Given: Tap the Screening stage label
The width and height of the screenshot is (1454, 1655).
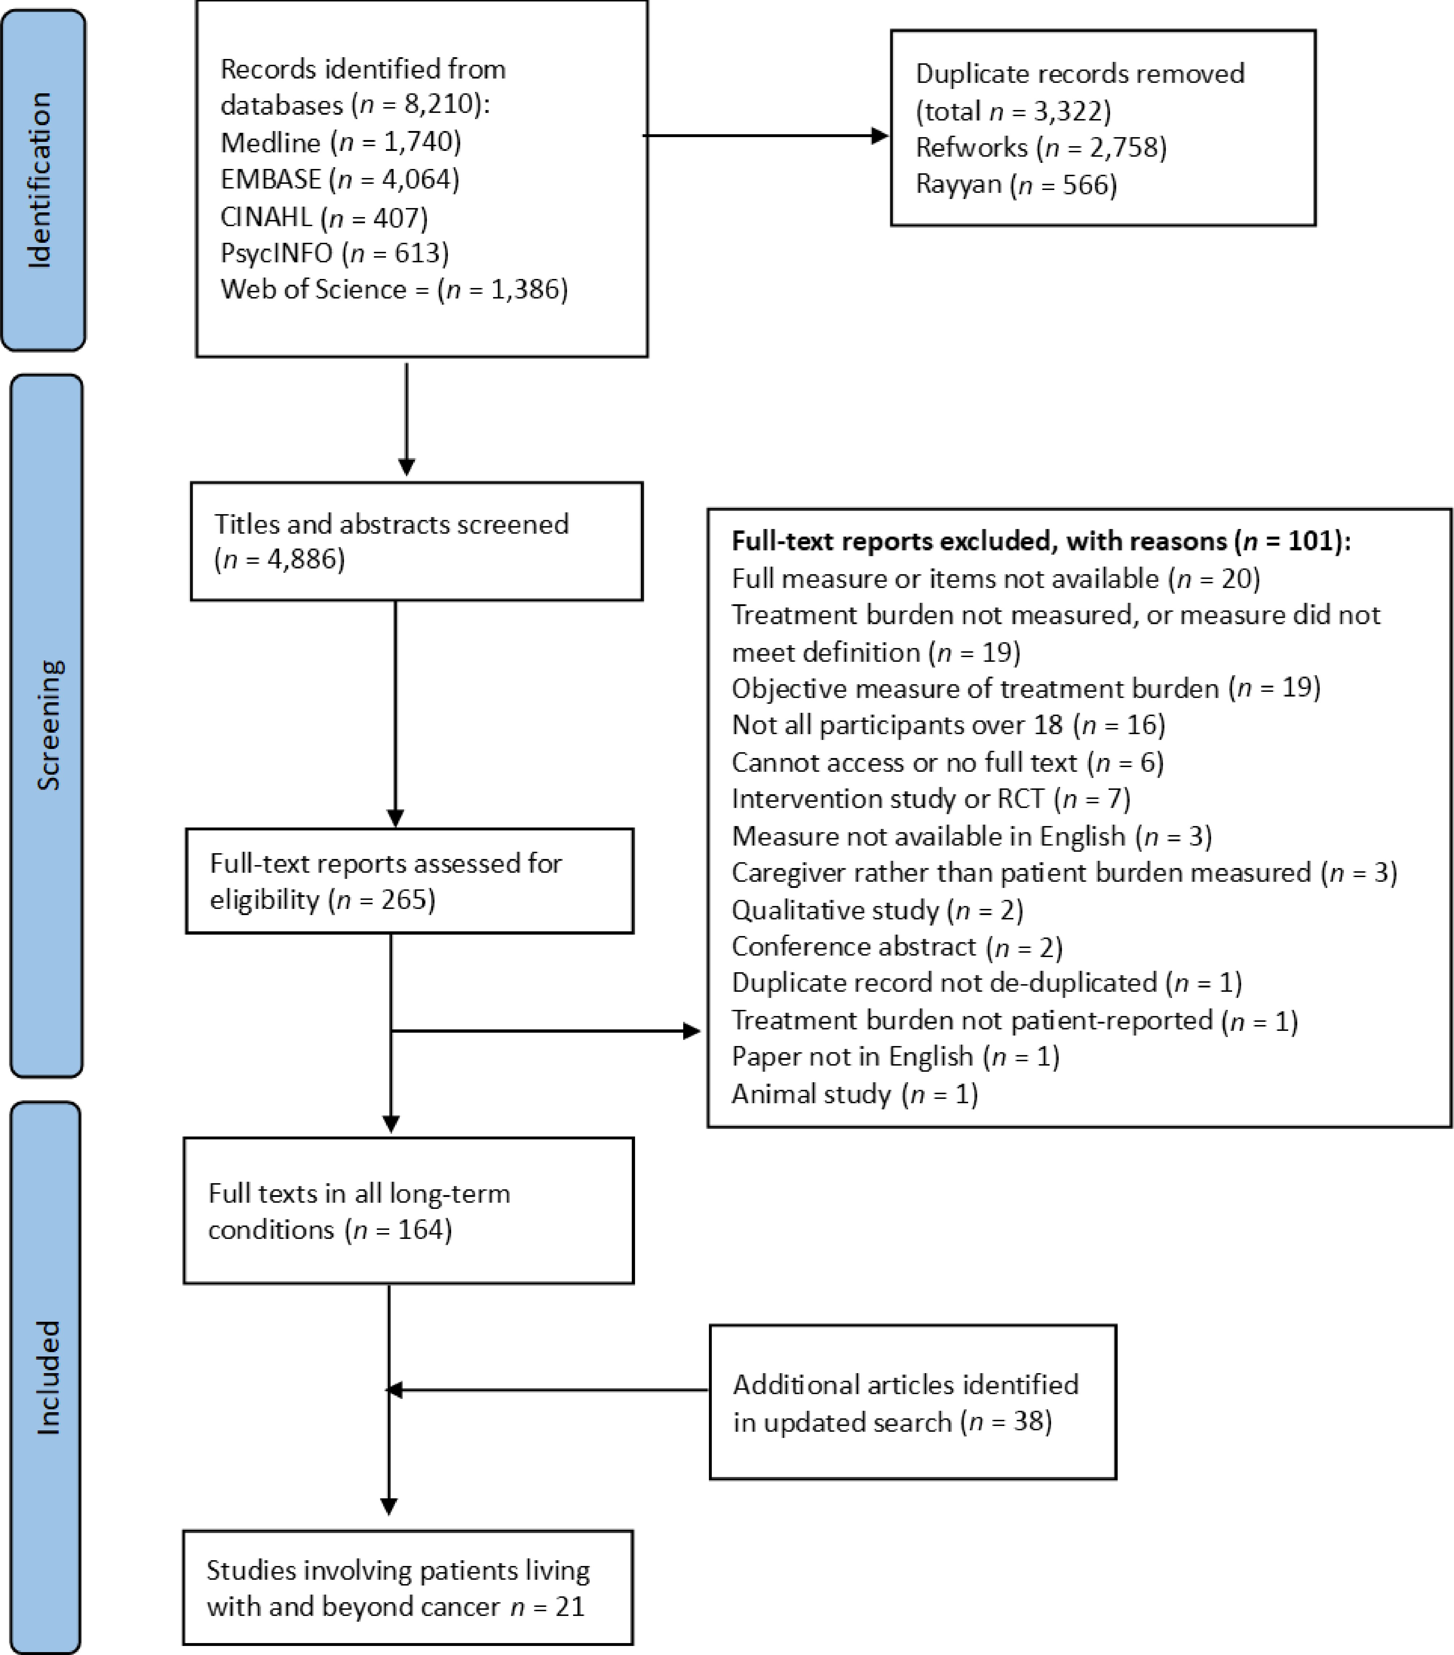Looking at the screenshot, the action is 49,725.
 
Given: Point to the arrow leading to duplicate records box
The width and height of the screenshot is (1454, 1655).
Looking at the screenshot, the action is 765,136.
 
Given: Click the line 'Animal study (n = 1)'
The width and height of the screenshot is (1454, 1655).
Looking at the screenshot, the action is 854,1094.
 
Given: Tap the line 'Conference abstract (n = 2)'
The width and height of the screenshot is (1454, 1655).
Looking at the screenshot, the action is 897,947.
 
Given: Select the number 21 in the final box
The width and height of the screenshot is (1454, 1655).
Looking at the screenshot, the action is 570,1605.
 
